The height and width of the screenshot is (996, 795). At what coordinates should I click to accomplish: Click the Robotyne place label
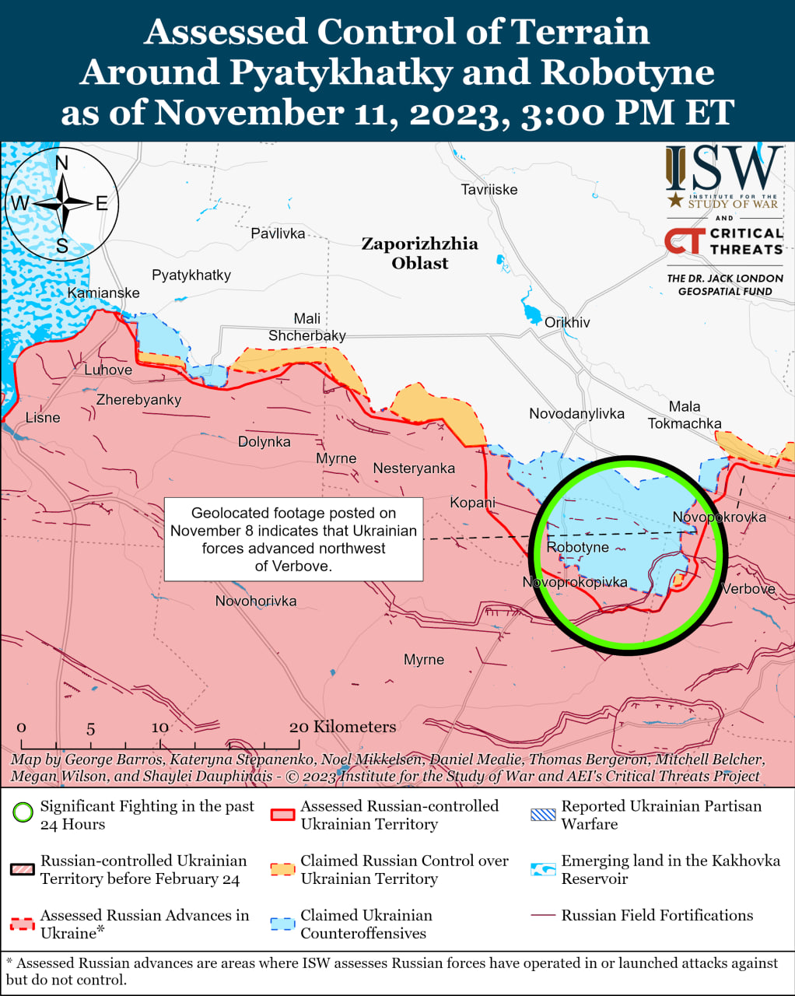[x=577, y=547]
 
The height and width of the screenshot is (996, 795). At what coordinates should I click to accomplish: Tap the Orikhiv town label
[x=567, y=322]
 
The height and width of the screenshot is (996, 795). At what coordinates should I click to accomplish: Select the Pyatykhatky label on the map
[x=191, y=275]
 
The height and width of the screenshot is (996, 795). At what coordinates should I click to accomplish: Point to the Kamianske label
[x=103, y=293]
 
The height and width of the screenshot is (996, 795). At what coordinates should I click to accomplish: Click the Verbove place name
[x=748, y=588]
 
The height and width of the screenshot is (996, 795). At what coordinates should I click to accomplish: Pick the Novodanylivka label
[x=576, y=413]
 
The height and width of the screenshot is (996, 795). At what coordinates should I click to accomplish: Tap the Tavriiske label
[x=489, y=189]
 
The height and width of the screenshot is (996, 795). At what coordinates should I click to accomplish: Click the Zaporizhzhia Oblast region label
[x=419, y=253]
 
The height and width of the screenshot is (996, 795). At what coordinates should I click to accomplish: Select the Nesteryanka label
[x=414, y=468]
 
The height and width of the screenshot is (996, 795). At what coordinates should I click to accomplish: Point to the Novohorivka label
[x=256, y=601]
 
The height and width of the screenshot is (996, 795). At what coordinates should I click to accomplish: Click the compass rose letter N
[x=61, y=163]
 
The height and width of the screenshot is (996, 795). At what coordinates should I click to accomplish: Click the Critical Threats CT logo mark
[x=684, y=241]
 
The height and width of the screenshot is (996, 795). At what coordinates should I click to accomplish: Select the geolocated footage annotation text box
[x=293, y=539]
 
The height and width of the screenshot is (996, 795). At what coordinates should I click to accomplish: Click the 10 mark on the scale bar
[x=159, y=728]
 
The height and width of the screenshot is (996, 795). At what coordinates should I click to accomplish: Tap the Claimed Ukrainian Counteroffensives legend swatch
[x=282, y=924]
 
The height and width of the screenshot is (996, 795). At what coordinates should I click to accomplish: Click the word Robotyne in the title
[x=627, y=72]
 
